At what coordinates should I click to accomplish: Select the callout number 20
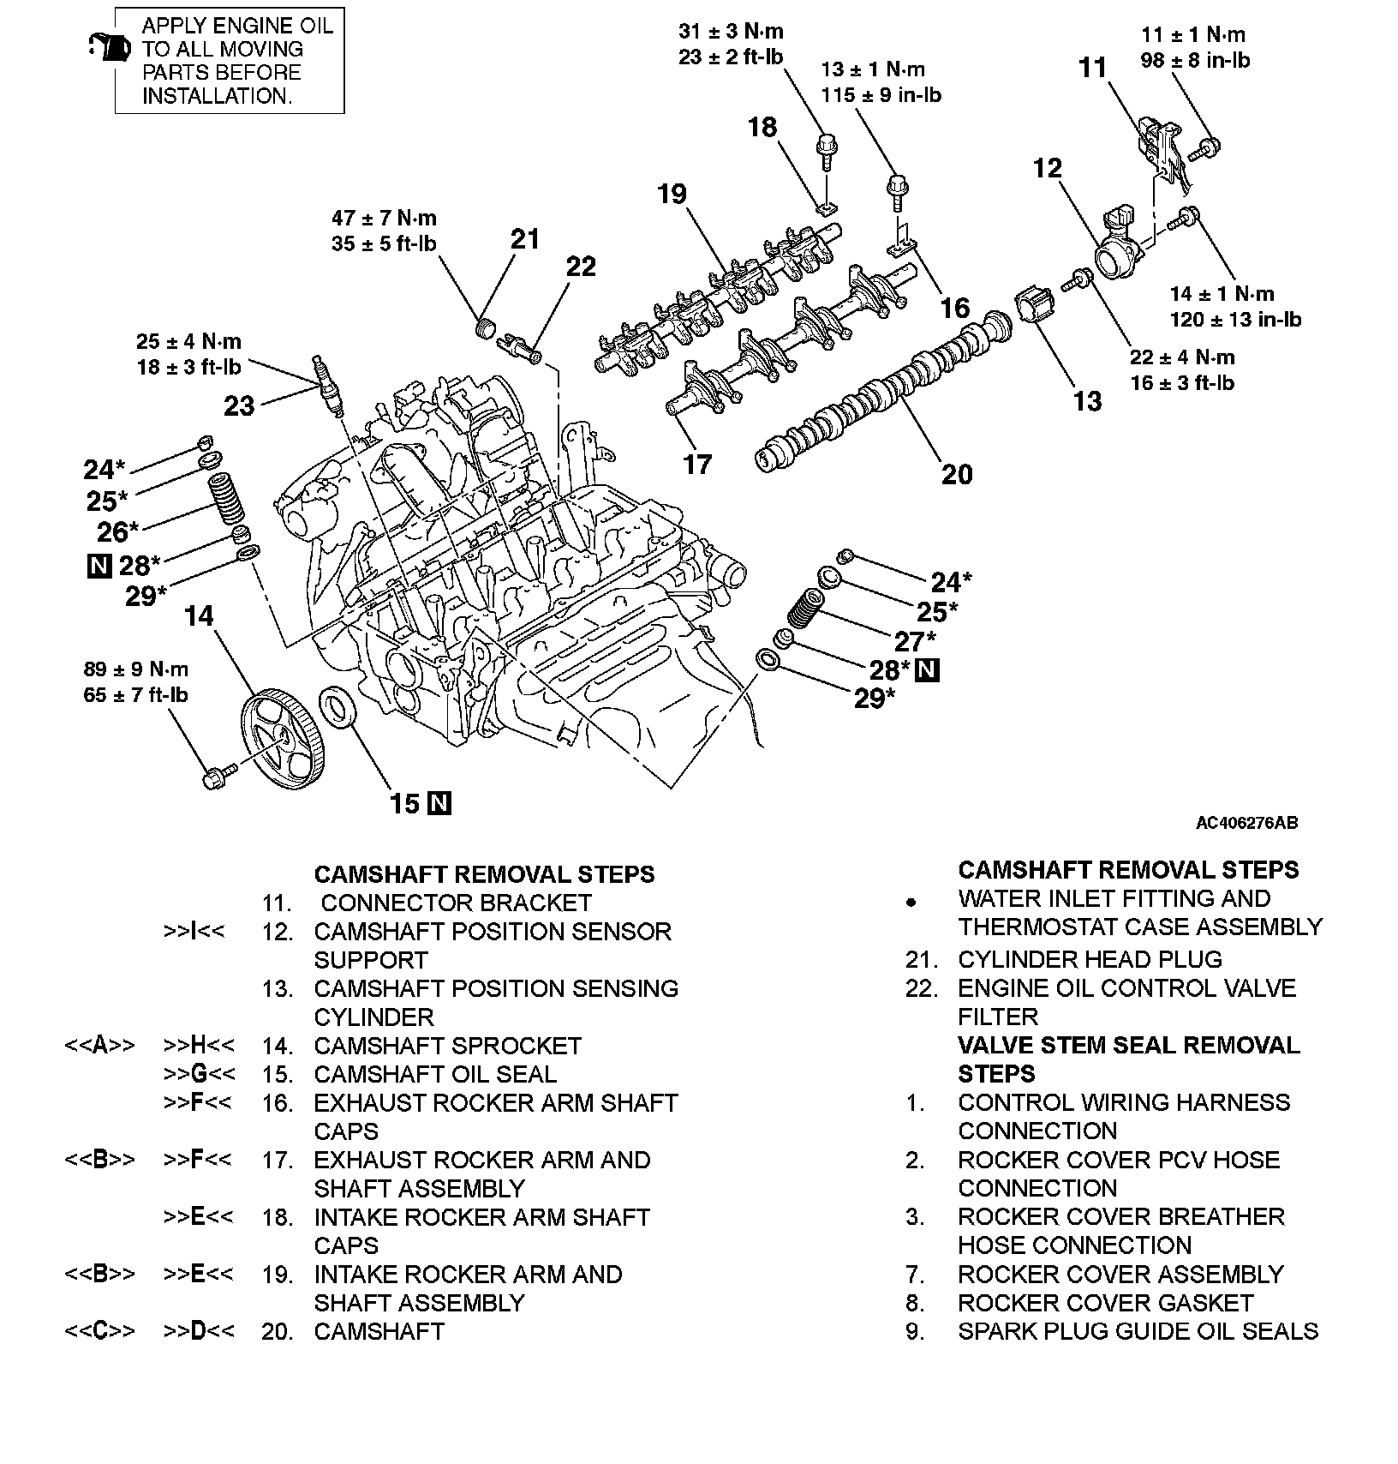(x=957, y=474)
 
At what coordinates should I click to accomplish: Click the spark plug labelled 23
(x=326, y=386)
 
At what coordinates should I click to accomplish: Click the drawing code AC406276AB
(x=1246, y=823)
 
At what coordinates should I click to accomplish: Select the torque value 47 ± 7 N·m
(x=384, y=219)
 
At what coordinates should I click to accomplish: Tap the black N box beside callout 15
(x=440, y=803)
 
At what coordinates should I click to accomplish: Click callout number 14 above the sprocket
(x=199, y=615)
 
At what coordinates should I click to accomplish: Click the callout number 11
(x=1093, y=68)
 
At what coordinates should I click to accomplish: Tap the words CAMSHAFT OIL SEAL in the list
(x=435, y=1074)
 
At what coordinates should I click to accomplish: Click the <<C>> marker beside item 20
(x=99, y=1331)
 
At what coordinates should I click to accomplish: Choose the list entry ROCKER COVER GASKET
(x=1105, y=1303)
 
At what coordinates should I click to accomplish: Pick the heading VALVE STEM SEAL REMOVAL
(x=1128, y=1046)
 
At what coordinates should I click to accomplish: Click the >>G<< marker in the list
(x=198, y=1074)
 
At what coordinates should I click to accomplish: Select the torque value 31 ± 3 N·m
(x=731, y=33)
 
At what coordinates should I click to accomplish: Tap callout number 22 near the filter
(x=581, y=267)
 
